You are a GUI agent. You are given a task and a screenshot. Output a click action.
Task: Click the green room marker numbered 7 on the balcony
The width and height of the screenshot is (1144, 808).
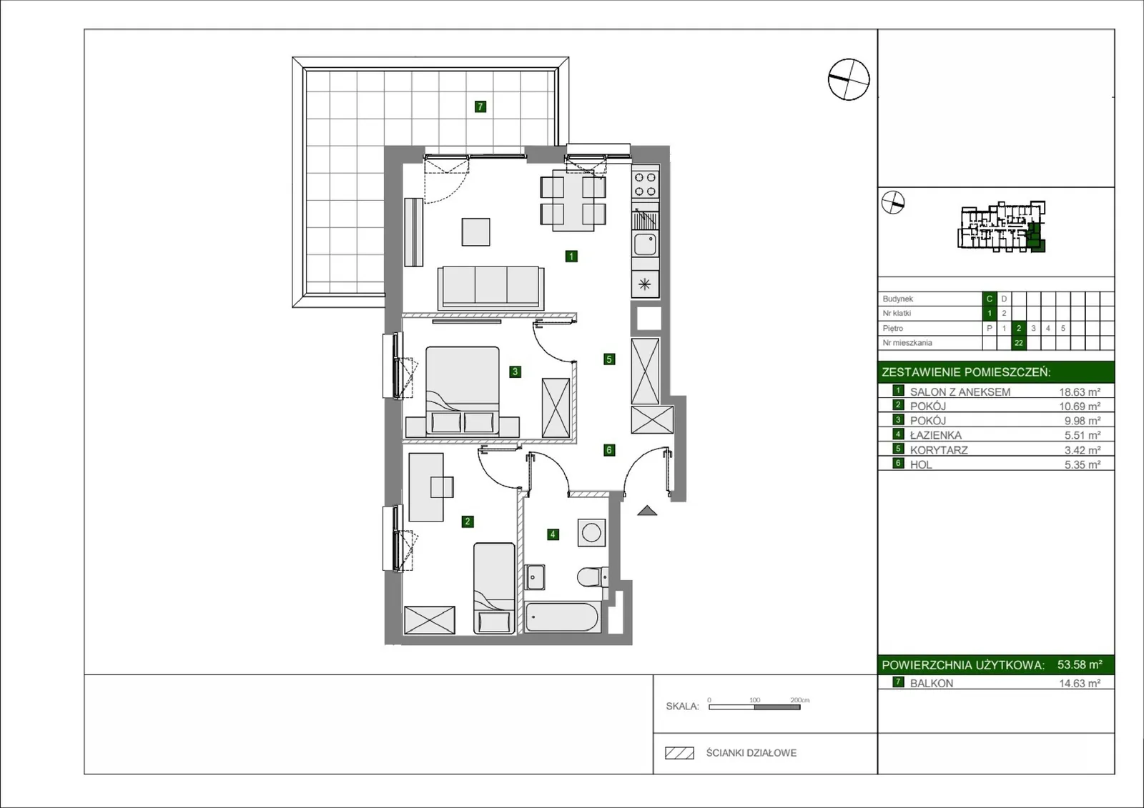(x=480, y=106)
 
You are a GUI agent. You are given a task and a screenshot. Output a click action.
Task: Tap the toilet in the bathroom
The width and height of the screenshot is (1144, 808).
(x=593, y=577)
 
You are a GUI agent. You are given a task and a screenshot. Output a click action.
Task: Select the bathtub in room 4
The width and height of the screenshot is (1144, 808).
(x=561, y=618)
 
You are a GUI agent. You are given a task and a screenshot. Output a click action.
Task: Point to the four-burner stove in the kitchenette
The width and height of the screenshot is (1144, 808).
(x=645, y=184)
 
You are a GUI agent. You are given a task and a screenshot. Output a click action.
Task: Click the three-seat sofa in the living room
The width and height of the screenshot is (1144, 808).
(x=490, y=287)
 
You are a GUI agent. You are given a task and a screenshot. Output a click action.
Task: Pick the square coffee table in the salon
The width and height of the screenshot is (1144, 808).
(x=476, y=231)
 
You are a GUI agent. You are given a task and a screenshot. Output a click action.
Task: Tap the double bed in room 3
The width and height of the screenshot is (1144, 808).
(x=463, y=391)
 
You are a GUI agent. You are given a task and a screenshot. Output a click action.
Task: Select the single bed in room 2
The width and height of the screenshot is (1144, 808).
(x=494, y=588)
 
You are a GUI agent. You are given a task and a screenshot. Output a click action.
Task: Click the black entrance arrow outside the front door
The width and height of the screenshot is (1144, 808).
(x=647, y=510)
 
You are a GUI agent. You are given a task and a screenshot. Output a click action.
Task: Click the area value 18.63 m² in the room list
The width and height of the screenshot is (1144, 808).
(x=1080, y=392)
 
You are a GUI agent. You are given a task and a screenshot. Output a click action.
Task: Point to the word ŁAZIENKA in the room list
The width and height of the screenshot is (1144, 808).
(x=936, y=435)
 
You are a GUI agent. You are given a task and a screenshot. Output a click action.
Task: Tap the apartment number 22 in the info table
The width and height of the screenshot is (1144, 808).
(x=1018, y=343)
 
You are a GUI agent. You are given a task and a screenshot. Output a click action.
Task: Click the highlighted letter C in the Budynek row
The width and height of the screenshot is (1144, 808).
(x=990, y=299)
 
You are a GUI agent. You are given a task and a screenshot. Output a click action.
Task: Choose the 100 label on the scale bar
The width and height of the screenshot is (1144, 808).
(x=755, y=700)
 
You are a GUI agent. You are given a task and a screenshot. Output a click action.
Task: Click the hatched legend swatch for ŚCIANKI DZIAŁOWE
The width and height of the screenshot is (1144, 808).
(x=679, y=753)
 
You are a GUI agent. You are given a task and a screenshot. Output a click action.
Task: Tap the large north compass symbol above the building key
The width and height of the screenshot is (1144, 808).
(x=848, y=79)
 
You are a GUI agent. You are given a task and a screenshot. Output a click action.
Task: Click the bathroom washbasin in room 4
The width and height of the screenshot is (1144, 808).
(x=535, y=577)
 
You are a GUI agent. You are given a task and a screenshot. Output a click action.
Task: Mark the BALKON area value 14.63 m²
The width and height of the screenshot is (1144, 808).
(x=1080, y=684)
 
